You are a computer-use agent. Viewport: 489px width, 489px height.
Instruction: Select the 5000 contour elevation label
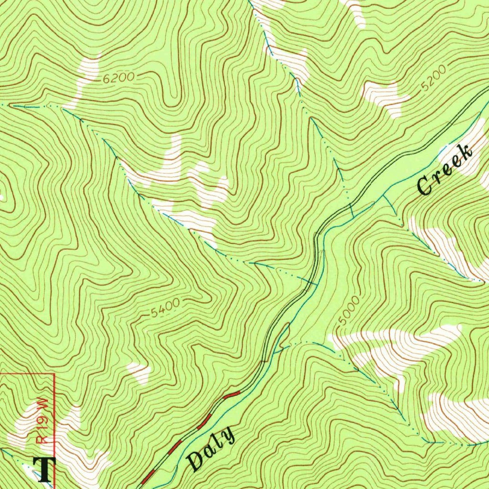coord(344,315)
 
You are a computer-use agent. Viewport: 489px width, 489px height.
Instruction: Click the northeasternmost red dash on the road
coord(232,394)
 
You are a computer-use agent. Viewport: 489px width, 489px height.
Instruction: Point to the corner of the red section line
coord(54,374)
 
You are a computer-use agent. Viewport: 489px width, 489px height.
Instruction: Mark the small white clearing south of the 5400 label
coord(140,372)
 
